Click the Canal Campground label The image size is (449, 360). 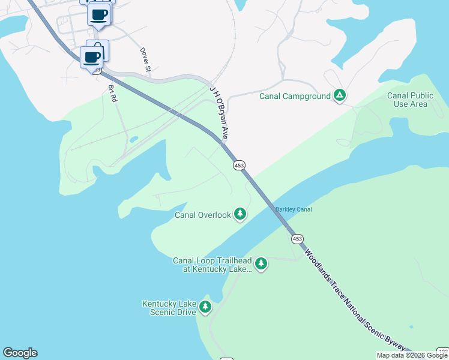coord(295,96)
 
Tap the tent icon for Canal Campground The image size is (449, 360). coord(340,95)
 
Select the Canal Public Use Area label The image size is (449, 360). coord(411,100)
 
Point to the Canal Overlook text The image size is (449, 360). coord(202,215)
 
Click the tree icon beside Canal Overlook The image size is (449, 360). coord(240,214)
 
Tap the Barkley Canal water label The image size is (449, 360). coord(294,209)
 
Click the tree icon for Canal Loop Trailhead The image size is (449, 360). coord(261,263)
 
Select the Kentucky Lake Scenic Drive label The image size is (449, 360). coord(169,308)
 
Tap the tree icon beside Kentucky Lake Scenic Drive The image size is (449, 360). coord(205,307)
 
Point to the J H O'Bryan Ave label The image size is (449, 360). coord(218,113)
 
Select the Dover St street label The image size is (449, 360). coord(145,61)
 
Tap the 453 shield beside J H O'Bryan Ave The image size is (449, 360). coord(239,165)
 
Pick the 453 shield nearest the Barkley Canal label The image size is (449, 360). coord(297,239)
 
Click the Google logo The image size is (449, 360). coord(20,353)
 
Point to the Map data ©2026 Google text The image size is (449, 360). coord(411,355)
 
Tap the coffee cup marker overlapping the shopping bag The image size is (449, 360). coord(92,58)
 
